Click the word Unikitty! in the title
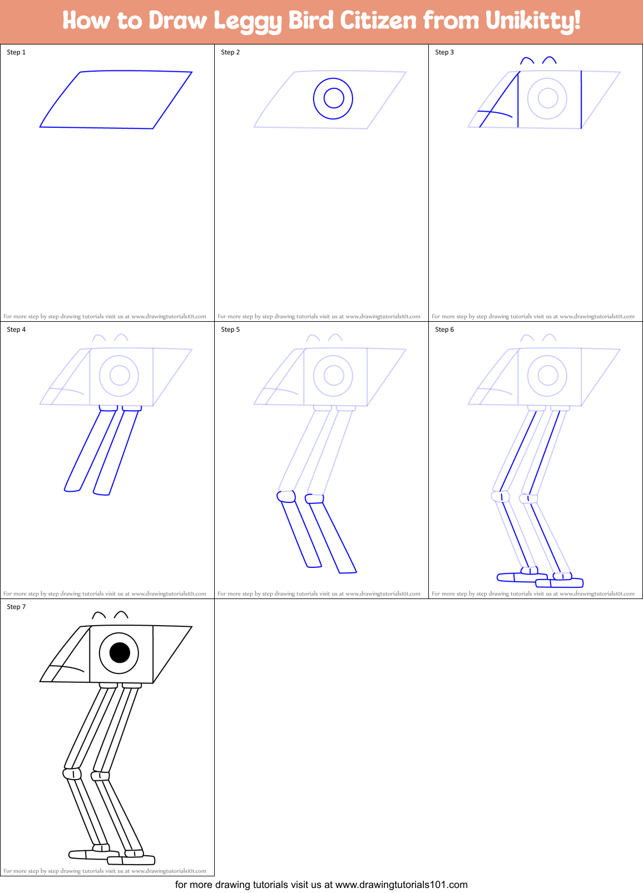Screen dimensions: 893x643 533,21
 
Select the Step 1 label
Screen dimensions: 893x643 16,52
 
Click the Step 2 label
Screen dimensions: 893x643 230,52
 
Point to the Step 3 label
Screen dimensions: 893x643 444,52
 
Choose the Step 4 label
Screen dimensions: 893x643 16,330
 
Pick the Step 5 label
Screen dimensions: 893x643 230,330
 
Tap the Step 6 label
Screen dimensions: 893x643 444,330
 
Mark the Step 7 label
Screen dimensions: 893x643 16,607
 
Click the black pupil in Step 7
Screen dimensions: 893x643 120,652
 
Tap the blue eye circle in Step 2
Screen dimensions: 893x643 333,98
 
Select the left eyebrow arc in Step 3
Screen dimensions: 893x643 527,59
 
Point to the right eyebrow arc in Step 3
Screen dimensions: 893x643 550,59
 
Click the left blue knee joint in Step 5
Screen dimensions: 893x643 286,496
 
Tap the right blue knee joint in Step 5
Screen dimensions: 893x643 314,498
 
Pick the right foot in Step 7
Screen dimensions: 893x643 131,860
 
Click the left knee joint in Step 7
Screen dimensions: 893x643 72,774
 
